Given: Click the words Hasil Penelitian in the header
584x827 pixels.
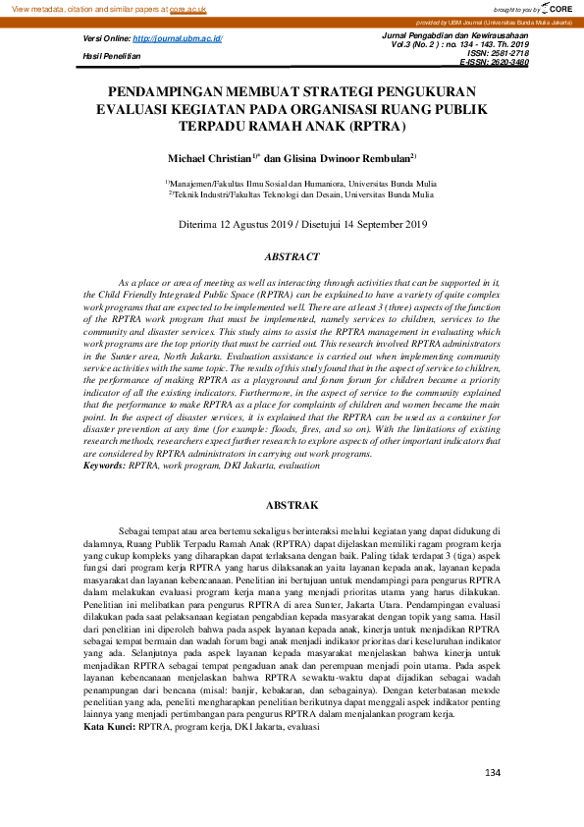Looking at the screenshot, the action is pos(111,57).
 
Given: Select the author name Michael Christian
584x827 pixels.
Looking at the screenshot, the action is pos(209,157).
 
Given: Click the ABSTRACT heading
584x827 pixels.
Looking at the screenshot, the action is pos(292,257).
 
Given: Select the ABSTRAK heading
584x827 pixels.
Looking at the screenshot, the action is pos(292,505).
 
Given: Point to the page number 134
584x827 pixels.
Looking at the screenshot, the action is pos(493,775).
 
